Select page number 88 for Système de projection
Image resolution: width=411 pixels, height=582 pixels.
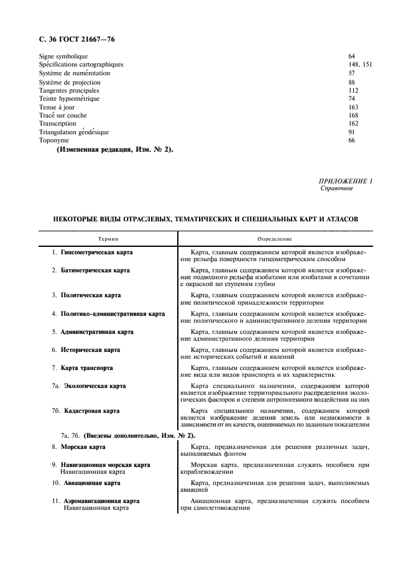352,81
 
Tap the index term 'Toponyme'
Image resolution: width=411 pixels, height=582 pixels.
54,141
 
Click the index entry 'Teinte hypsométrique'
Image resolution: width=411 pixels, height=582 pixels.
69,98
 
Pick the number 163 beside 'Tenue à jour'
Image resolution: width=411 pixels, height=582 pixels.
353,107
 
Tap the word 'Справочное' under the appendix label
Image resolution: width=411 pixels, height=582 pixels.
336,188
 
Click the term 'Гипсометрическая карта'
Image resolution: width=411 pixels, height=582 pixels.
96,253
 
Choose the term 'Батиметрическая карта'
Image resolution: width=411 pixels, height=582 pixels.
95,271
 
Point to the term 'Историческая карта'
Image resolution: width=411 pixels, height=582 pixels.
90,350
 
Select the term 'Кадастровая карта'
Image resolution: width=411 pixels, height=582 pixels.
89,411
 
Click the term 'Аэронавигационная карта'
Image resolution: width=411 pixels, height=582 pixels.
100,501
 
